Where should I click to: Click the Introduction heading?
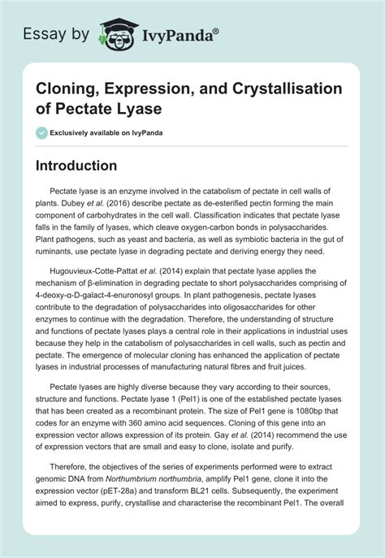(x=88, y=165)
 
